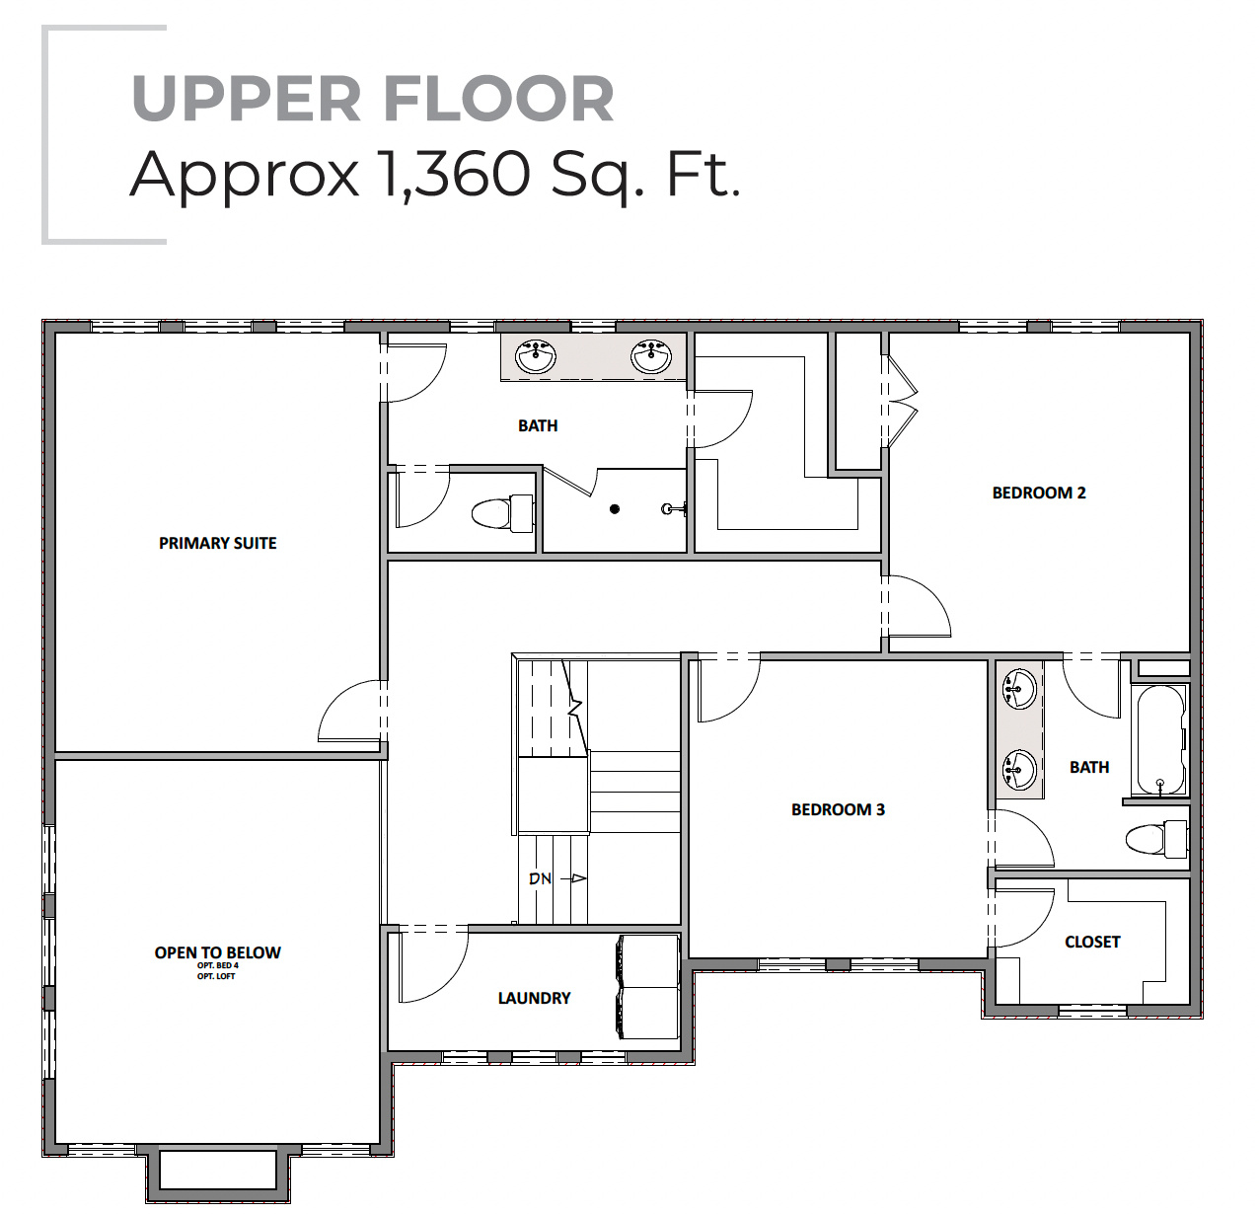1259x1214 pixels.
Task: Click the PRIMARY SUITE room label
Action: pyautogui.click(x=217, y=543)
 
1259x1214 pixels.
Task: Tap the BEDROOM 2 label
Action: pyautogui.click(x=1038, y=493)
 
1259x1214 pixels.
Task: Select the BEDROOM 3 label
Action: pyautogui.click(x=838, y=809)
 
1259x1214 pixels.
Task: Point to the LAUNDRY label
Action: pyautogui.click(x=534, y=998)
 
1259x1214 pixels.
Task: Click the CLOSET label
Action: pyautogui.click(x=1092, y=942)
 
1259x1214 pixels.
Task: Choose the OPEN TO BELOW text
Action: pyautogui.click(x=217, y=952)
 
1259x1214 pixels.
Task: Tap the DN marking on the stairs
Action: pyautogui.click(x=541, y=878)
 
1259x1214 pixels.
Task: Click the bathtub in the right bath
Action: pyautogui.click(x=1159, y=740)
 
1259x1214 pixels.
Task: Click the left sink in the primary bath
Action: pyautogui.click(x=536, y=355)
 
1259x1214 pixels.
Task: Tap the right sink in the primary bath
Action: pyautogui.click(x=651, y=355)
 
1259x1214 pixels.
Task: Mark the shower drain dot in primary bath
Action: pyautogui.click(x=615, y=509)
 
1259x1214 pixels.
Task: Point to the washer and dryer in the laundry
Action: pyautogui.click(x=647, y=987)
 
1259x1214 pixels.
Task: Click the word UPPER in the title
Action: pyautogui.click(x=247, y=100)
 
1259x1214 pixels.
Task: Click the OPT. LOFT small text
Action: pyautogui.click(x=216, y=976)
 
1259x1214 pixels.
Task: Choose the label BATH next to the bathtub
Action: pyautogui.click(x=1089, y=767)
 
